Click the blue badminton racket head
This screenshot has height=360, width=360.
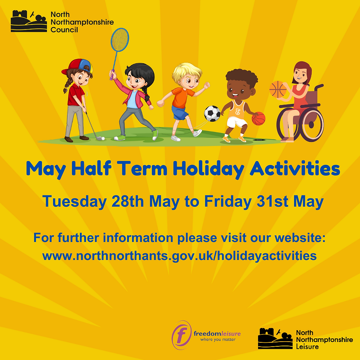click(120, 40)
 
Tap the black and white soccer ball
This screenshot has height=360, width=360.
click(212, 113)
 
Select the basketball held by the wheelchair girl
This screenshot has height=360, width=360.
click(278, 89)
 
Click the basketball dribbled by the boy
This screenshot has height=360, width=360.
click(258, 118)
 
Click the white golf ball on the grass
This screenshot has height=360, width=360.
click(102, 138)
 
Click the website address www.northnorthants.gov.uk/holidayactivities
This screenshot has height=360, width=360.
click(180, 256)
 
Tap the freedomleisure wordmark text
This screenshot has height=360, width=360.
click(217, 334)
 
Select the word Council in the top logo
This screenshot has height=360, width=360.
click(64, 30)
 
